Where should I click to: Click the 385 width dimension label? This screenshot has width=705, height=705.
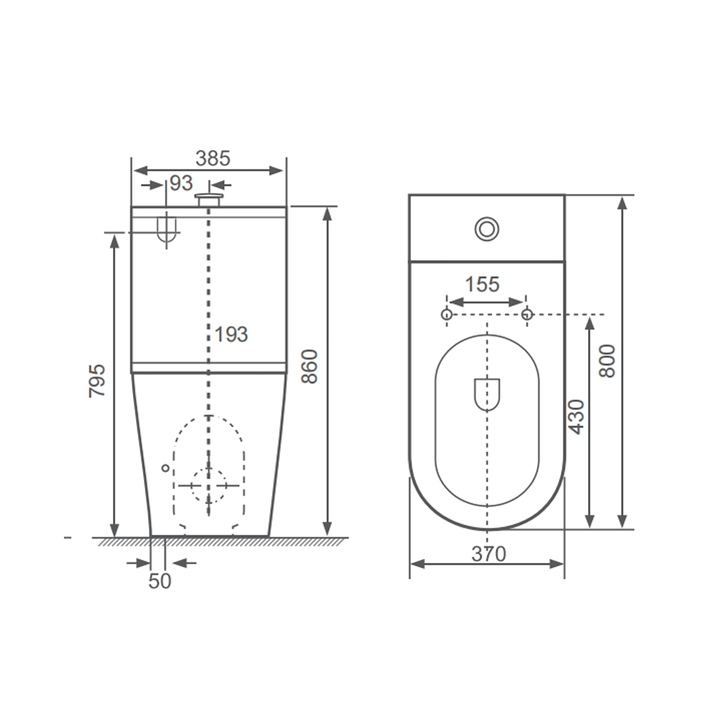213,158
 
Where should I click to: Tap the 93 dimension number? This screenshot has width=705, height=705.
181,183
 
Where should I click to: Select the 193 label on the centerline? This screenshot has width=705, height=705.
232,334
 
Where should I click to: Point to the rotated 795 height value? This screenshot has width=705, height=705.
97,380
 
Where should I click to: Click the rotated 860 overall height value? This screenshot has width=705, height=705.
310,366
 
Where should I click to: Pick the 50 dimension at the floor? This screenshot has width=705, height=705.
160,581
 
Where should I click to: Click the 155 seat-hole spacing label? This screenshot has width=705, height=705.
482,284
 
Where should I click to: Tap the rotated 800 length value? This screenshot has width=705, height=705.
607,361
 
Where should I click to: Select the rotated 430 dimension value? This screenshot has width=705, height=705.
577,417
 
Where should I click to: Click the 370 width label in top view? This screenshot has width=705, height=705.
489,554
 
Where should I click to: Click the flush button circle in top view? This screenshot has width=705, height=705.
487,229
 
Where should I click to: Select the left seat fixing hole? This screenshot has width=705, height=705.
446,314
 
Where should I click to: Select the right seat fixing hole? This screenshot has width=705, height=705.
527,314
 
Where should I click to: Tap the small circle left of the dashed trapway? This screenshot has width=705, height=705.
165,467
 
